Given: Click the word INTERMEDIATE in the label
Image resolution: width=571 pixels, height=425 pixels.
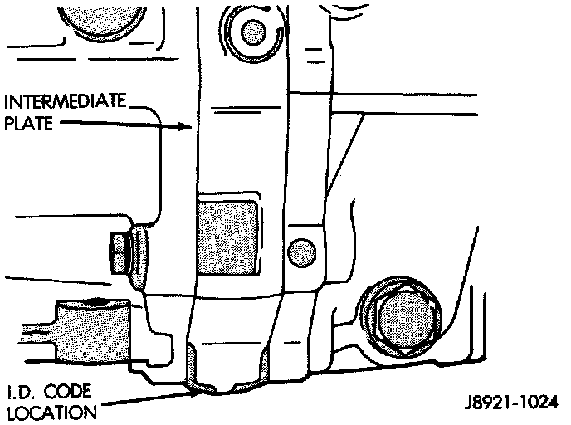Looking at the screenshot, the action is click(x=66, y=104).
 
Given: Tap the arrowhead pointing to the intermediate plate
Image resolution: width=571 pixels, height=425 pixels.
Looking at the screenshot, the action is click(x=189, y=127).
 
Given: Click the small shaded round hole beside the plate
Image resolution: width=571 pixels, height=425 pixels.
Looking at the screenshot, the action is click(x=302, y=247).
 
